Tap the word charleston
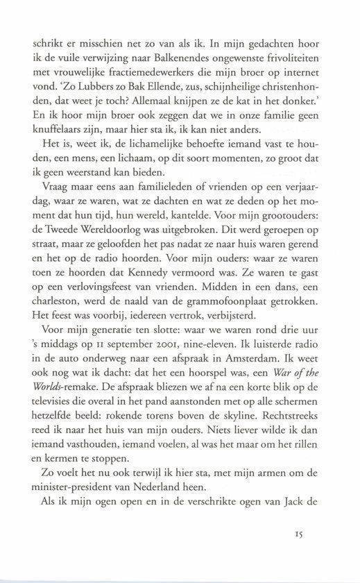(x=58, y=333)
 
